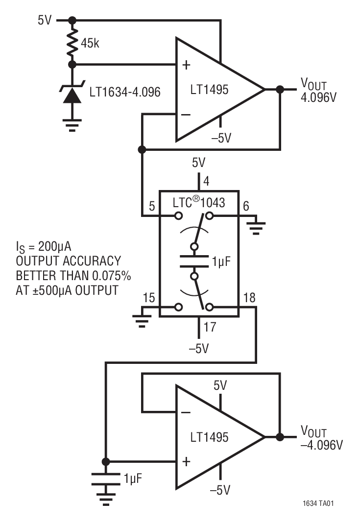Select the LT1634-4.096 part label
click(x=124, y=92)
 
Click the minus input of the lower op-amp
click(x=186, y=412)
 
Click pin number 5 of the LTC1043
click(x=152, y=207)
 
